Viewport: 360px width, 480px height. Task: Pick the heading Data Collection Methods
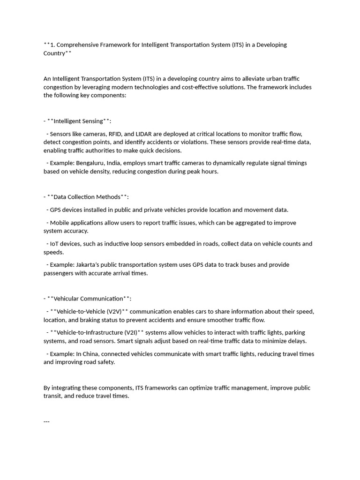pos(87,197)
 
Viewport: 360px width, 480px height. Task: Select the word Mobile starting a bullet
pos(60,223)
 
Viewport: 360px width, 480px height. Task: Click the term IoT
pos(55,244)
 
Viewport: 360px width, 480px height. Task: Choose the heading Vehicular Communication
pos(89,299)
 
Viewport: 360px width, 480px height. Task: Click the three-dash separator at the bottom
pos(46,421)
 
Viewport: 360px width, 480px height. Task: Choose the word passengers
pos(59,273)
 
